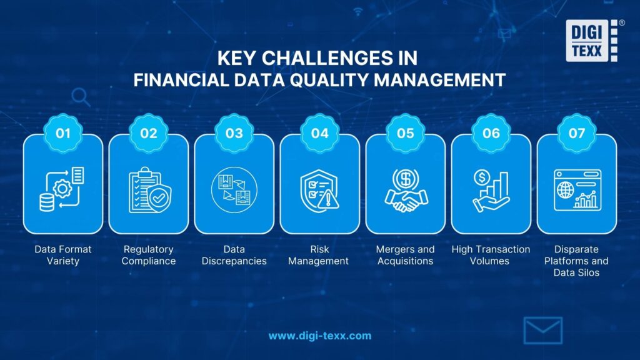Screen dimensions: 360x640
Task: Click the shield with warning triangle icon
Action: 319,190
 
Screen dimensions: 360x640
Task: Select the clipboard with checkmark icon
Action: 148,190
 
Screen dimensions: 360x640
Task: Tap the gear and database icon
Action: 62,190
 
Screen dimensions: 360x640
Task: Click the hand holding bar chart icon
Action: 491,190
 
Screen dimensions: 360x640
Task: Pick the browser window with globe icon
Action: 576,190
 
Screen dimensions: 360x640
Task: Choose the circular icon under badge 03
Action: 234,190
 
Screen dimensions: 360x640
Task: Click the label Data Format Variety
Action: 62,255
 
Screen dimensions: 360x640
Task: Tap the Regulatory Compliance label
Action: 148,255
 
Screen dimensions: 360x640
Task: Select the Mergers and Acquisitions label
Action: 405,255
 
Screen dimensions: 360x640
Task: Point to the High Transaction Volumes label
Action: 491,255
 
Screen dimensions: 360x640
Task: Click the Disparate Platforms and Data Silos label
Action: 576,261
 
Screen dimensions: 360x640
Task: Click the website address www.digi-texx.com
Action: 319,336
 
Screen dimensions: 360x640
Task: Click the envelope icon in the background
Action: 542,331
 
